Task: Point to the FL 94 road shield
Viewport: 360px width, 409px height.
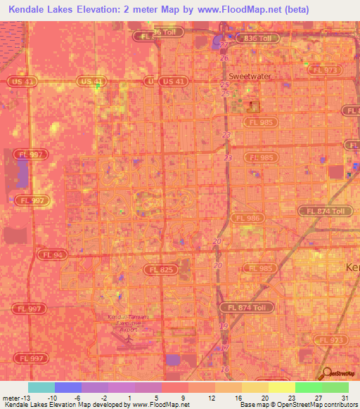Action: (x=53, y=254)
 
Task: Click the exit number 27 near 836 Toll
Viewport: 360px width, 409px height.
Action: (x=224, y=44)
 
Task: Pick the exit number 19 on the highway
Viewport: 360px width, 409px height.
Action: (x=224, y=326)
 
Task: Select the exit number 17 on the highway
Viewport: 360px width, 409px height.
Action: (x=224, y=348)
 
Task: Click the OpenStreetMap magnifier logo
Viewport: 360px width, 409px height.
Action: (x=328, y=374)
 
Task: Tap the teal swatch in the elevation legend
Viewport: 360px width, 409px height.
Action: (x=41, y=387)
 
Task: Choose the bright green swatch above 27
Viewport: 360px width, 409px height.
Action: (x=309, y=387)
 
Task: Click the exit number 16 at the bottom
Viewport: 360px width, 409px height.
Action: (x=225, y=369)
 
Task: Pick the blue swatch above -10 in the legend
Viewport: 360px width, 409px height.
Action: (x=68, y=387)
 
